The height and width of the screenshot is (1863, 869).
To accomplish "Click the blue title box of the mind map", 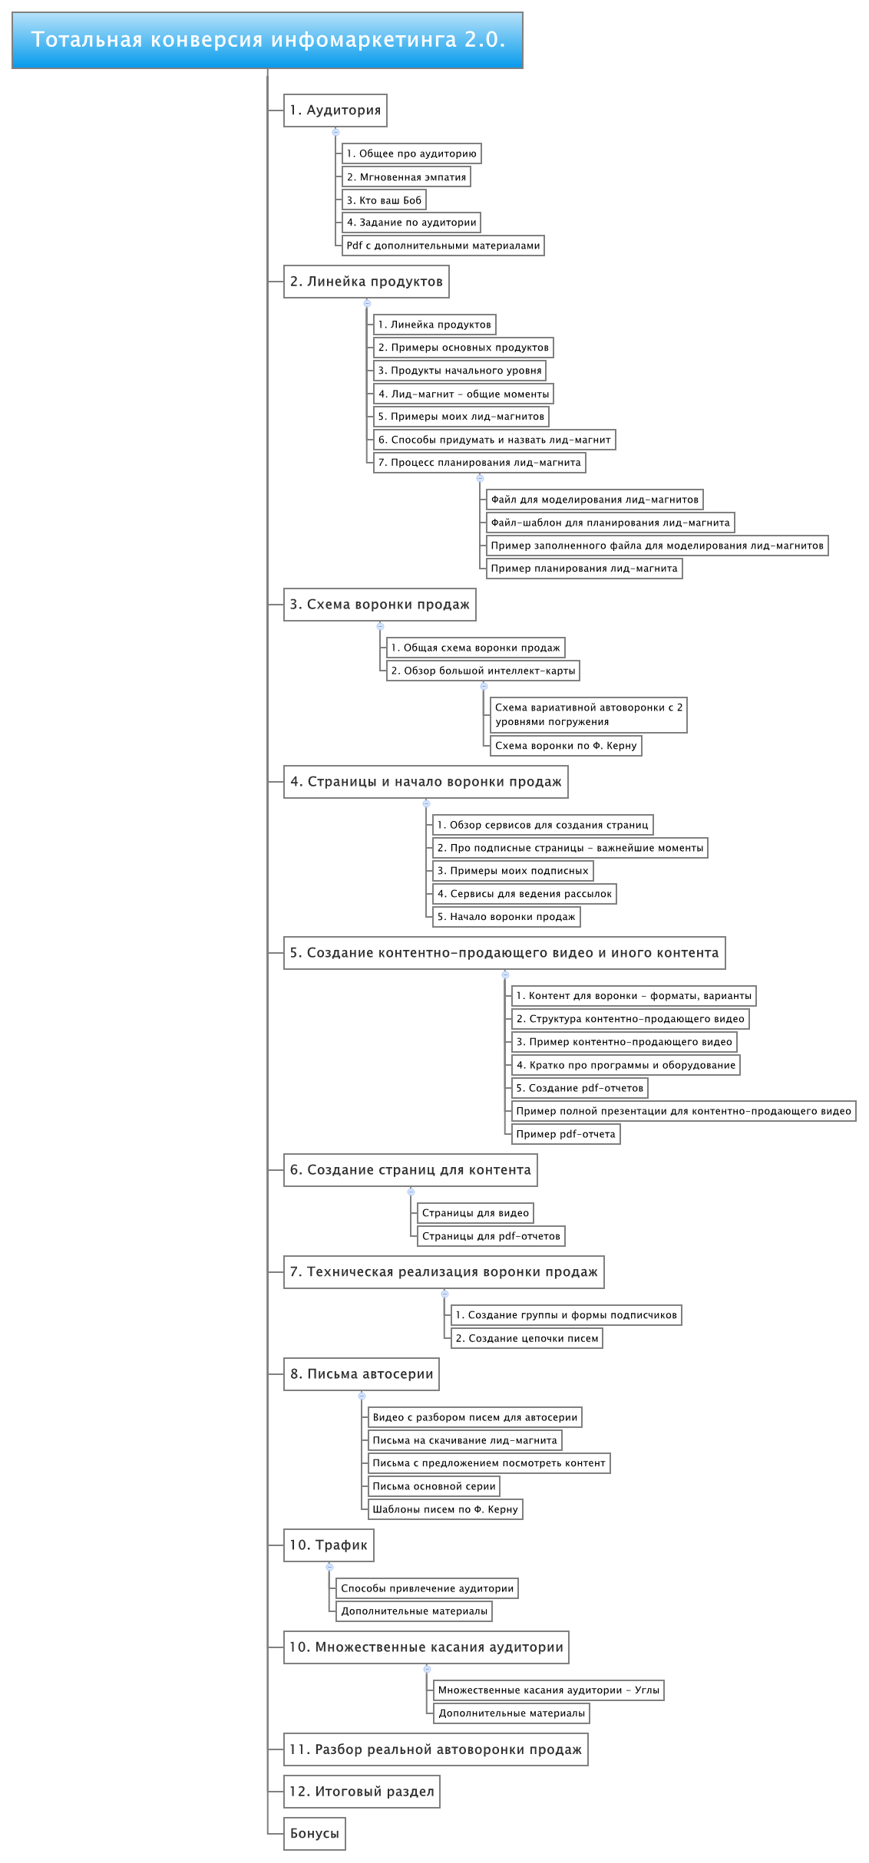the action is (x=267, y=40).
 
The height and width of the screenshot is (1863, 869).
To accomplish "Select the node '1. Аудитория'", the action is (x=335, y=110).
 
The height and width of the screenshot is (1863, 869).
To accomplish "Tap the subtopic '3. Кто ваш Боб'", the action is (x=384, y=200).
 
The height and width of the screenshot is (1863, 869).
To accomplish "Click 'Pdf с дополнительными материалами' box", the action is (x=443, y=246).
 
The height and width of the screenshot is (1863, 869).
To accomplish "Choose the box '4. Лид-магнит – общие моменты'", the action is (x=464, y=394).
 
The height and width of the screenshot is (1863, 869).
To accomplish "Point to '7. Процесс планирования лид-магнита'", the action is (x=480, y=463).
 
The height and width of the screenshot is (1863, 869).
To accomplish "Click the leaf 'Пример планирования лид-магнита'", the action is (x=584, y=569).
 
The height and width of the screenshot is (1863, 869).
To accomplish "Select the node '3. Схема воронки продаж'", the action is (x=380, y=605).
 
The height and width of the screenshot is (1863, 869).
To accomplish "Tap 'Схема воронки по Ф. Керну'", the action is (x=566, y=746).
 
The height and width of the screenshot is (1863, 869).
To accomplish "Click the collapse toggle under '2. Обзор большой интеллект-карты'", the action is (x=484, y=686).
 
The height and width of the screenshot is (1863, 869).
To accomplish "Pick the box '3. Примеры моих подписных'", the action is (x=513, y=871).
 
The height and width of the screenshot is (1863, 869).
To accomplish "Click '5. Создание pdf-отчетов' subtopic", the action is (x=580, y=1088).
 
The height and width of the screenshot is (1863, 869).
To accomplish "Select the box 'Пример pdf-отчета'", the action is (x=566, y=1134).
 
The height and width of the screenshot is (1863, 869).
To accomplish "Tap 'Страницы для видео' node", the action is (x=475, y=1213).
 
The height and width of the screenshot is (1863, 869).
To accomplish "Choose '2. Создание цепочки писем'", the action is (x=527, y=1338).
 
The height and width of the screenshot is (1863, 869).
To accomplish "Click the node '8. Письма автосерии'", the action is (x=362, y=1374).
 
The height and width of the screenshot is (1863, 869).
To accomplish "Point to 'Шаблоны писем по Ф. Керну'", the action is (x=445, y=1509).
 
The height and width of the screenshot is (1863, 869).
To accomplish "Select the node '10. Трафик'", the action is (x=329, y=1545).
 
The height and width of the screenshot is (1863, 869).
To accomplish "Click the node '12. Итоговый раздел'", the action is (x=362, y=1792).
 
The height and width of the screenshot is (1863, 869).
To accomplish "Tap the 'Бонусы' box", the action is (x=315, y=1834).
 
